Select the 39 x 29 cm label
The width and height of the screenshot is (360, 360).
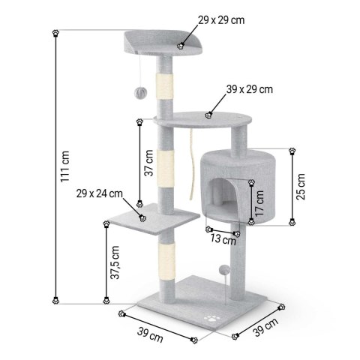(249, 88)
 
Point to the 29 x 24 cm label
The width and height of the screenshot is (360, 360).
(99, 194)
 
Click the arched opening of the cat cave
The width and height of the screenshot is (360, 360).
(222, 196)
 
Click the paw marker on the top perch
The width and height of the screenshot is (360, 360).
(180, 46)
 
